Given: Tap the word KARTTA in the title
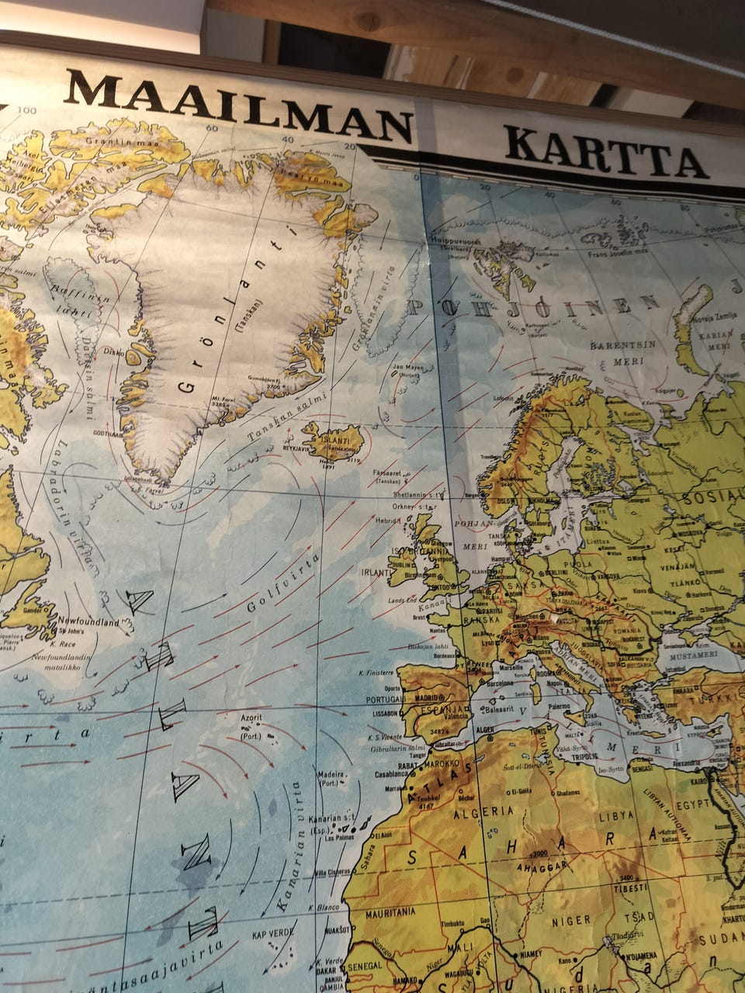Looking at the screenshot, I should point(605,151).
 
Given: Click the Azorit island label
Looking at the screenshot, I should point(251,718).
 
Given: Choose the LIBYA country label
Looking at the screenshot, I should point(616,817).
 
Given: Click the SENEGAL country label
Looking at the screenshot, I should point(364,966).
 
